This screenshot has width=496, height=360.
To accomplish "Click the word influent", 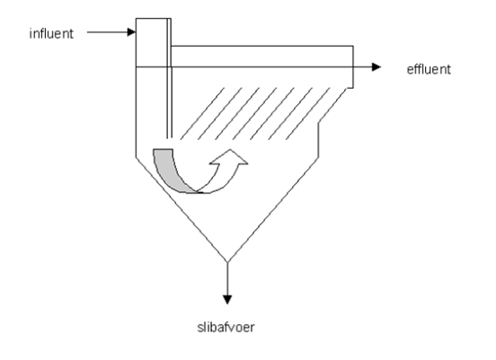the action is tap(51, 33).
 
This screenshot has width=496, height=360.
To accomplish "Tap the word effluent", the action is tap(429, 69).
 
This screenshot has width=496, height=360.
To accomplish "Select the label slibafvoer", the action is tap(226, 327).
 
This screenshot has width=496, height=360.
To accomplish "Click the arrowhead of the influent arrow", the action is tap(131, 32).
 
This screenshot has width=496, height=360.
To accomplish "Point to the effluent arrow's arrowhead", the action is tap(376, 67).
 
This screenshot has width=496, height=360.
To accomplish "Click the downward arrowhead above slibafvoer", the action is tap(227, 299).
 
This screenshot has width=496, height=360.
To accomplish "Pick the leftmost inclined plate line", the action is tap(202, 113).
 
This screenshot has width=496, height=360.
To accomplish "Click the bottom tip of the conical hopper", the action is tap(227, 262).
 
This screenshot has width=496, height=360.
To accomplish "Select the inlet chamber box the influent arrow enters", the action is tap(152, 43).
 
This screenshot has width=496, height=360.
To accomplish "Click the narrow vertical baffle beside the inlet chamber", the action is tap(169, 78).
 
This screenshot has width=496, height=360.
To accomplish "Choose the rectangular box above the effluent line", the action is tap(261, 57).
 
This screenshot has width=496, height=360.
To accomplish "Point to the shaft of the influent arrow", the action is tap(107, 32).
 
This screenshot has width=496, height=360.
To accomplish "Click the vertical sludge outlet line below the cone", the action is tap(227, 279).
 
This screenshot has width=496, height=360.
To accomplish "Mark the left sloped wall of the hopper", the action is tap(182, 209).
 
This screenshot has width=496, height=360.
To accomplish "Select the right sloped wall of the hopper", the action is tap(273, 209).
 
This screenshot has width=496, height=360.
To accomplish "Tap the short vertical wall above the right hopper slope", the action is tap(318, 139).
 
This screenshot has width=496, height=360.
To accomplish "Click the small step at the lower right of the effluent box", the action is tap(350, 88).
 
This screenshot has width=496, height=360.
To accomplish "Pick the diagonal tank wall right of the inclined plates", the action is tap(332, 105).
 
